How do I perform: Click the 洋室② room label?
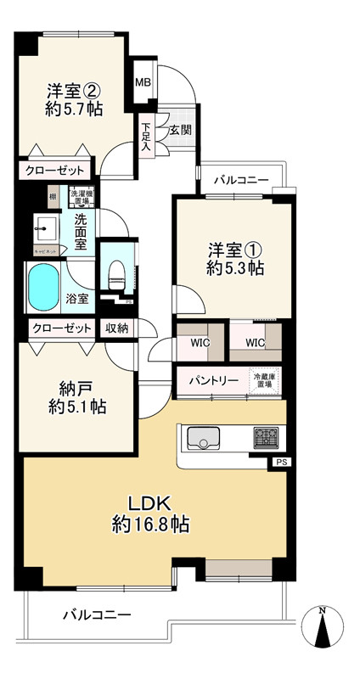(x=73, y=90)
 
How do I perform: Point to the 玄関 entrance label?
(x=179, y=130)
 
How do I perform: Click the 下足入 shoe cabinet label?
(x=146, y=137)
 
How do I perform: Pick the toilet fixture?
(x=117, y=273)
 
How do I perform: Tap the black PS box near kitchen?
(x=280, y=462)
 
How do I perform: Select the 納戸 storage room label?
(x=76, y=390)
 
